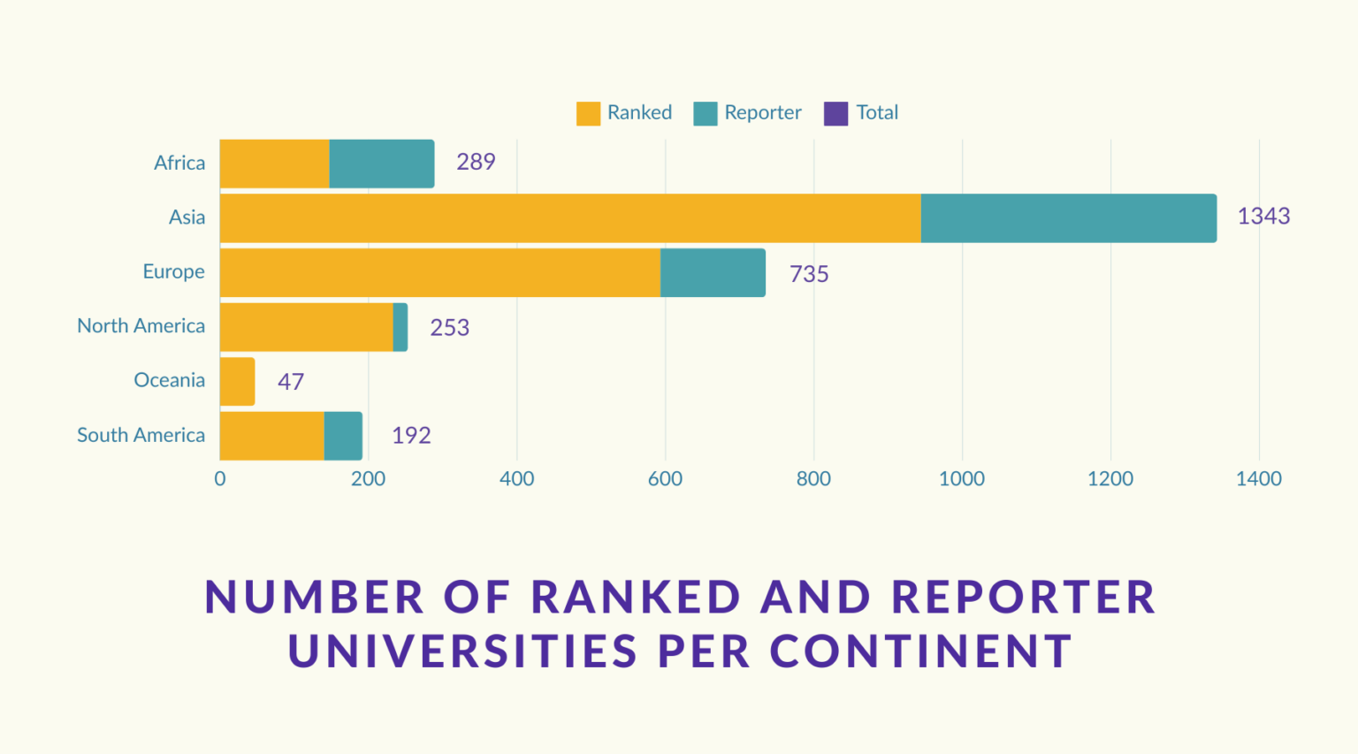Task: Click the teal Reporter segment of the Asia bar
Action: tap(1068, 218)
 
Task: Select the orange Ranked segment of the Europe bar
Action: tap(439, 272)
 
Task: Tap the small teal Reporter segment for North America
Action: tap(401, 327)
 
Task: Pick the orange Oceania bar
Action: tap(237, 382)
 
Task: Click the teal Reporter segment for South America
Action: tap(343, 436)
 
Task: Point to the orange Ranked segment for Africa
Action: tap(274, 164)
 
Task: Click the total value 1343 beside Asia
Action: tap(1263, 217)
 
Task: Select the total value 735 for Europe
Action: tap(808, 274)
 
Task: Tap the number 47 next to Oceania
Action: tap(290, 382)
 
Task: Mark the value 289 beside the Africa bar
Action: tap(475, 162)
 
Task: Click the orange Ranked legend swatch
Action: tap(588, 113)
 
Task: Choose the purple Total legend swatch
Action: tap(835, 113)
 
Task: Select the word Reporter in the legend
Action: tap(762, 113)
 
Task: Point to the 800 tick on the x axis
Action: tap(813, 479)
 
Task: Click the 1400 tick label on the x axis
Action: tap(1258, 479)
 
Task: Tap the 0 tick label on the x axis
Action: tap(219, 479)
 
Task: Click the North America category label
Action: tap(141, 326)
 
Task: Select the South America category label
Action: tap(141, 435)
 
